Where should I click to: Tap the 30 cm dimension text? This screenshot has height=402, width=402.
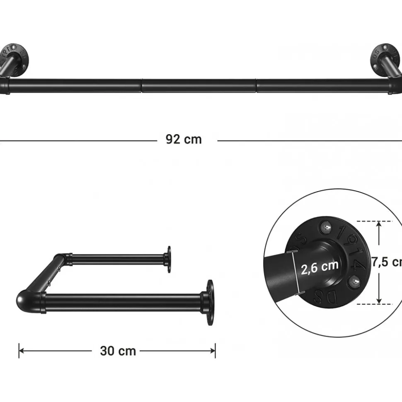pyautogui.click(x=118, y=351)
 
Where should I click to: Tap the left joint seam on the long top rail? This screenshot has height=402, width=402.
pyautogui.click(x=141, y=86)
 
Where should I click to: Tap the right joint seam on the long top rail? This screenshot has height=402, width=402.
pyautogui.click(x=257, y=86)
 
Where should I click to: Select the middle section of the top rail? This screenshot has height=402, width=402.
pyautogui.click(x=199, y=86)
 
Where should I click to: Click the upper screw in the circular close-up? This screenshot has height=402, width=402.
pyautogui.click(x=327, y=226)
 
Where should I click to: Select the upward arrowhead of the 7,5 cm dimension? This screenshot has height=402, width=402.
pyautogui.click(x=379, y=224)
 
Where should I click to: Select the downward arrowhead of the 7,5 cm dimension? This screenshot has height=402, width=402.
pyautogui.click(x=379, y=301)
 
